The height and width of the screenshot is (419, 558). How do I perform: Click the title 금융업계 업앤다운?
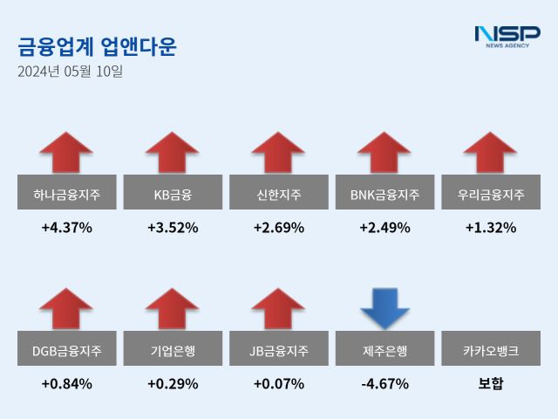pos(97,46)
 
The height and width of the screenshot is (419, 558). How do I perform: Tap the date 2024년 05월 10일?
pos(70,72)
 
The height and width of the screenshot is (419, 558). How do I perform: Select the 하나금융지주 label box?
pos(66,194)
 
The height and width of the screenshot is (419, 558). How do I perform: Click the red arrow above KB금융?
pos(173,154)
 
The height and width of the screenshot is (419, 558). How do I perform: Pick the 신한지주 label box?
pos(279,194)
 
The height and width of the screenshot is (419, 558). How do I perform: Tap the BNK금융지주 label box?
pos(384,194)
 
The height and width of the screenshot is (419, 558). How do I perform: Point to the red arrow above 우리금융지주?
pos(491,154)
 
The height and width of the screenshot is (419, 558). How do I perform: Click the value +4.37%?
pos(66,228)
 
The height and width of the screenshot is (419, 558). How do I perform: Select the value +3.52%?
pos(173,228)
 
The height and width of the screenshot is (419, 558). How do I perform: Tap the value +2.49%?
pos(384,228)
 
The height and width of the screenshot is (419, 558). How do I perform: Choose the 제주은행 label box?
pos(384,351)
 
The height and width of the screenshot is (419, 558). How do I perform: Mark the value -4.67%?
pos(384,384)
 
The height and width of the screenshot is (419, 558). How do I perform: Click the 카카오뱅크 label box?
pos(491,351)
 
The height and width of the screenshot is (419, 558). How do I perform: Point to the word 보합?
pos(491,384)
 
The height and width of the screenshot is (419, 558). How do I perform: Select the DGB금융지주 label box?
pos(66,351)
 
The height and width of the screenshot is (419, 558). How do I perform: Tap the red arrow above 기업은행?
pos(173,310)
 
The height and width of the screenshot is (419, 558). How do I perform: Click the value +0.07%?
pos(279,384)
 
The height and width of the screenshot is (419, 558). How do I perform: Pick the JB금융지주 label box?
pos(279,351)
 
